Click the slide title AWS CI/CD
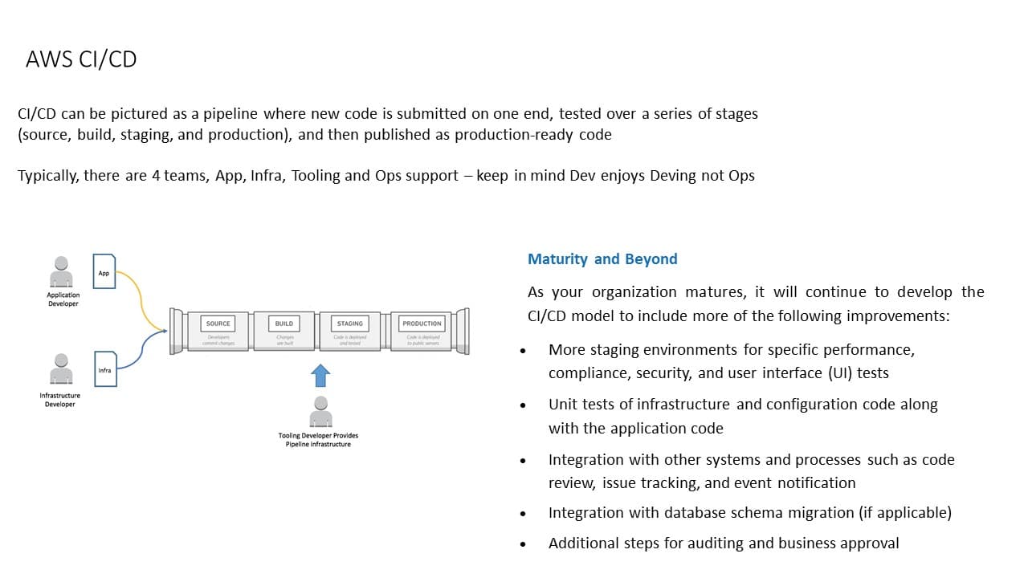click(81, 59)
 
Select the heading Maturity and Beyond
click(602, 259)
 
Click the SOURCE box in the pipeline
click(218, 324)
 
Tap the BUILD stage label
click(284, 324)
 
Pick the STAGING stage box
click(349, 324)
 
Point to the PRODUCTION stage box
click(422, 324)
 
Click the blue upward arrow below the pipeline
click(320, 375)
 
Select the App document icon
click(104, 271)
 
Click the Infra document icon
click(105, 368)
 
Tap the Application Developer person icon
click(61, 272)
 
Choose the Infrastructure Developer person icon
click(61, 370)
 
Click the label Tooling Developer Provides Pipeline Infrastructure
click(318, 440)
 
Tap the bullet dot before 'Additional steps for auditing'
click(523, 544)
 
